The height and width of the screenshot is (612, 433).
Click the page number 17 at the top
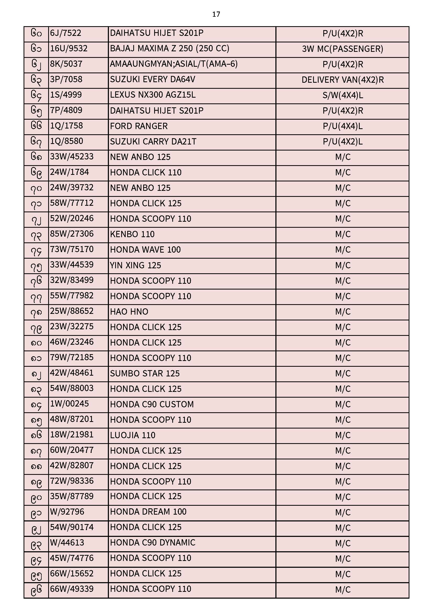(216, 14)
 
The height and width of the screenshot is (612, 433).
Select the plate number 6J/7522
(66, 33)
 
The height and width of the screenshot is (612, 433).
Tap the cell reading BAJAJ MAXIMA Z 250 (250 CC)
(170, 48)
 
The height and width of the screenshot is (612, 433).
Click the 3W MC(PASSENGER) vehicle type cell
(342, 49)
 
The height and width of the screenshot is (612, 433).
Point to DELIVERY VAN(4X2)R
(342, 80)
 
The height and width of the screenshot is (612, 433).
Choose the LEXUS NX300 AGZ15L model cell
(153, 95)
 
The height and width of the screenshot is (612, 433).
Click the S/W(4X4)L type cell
(342, 96)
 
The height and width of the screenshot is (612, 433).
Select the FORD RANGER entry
(139, 126)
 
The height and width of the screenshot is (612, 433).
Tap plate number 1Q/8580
(67, 141)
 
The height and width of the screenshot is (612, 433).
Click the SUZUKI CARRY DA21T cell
(153, 142)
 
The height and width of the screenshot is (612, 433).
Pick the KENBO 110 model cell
(132, 234)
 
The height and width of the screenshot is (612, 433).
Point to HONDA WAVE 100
(145, 250)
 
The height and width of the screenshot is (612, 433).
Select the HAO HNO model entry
(129, 311)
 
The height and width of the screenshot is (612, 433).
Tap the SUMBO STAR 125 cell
(145, 374)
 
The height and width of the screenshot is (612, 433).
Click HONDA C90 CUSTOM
(152, 404)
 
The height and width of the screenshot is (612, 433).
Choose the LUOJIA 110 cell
(132, 435)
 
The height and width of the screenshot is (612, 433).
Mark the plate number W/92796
(67, 512)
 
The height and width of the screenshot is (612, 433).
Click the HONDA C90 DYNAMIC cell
(153, 543)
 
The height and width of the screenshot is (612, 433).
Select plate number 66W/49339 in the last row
(72, 589)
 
